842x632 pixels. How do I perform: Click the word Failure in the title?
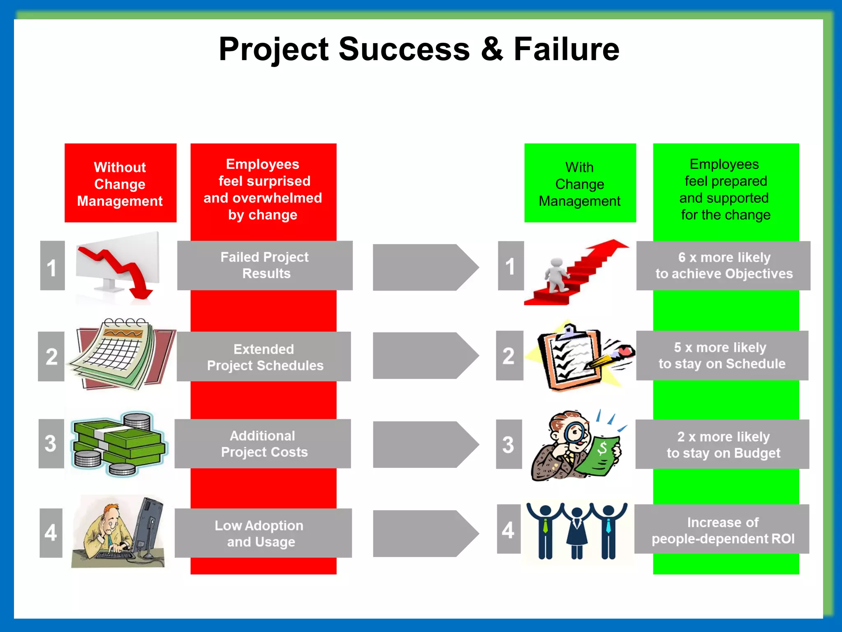[x=566, y=49]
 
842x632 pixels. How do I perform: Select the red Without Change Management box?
[x=120, y=183]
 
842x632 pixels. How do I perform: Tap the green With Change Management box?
[x=580, y=183]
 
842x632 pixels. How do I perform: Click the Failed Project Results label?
[x=265, y=265]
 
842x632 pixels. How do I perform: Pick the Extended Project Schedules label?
[x=264, y=357]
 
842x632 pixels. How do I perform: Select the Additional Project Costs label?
[x=263, y=444]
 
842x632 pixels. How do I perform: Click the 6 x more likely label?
[x=723, y=265]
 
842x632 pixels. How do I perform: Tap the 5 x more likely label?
[x=722, y=355]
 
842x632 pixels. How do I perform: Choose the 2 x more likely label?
[x=722, y=444]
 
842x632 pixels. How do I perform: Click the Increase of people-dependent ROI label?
[x=722, y=530]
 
